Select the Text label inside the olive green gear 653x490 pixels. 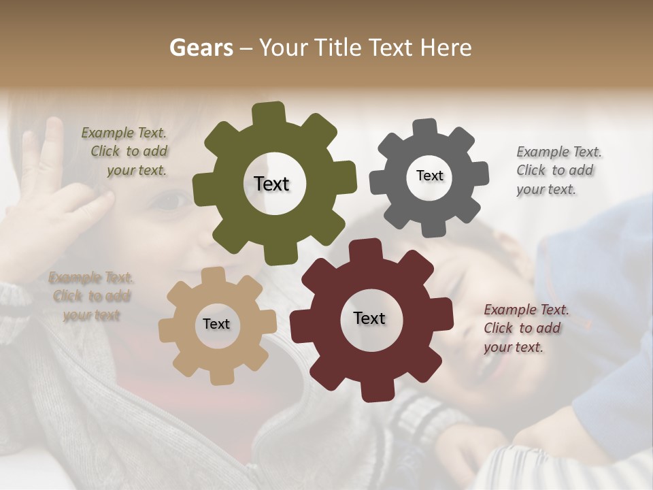pos(271,184)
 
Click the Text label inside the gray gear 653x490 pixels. pos(429,176)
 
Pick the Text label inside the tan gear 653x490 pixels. pos(216,324)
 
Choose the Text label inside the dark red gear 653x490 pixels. pos(369,318)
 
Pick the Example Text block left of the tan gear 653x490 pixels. pos(90,296)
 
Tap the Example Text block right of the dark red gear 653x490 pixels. pos(524,328)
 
